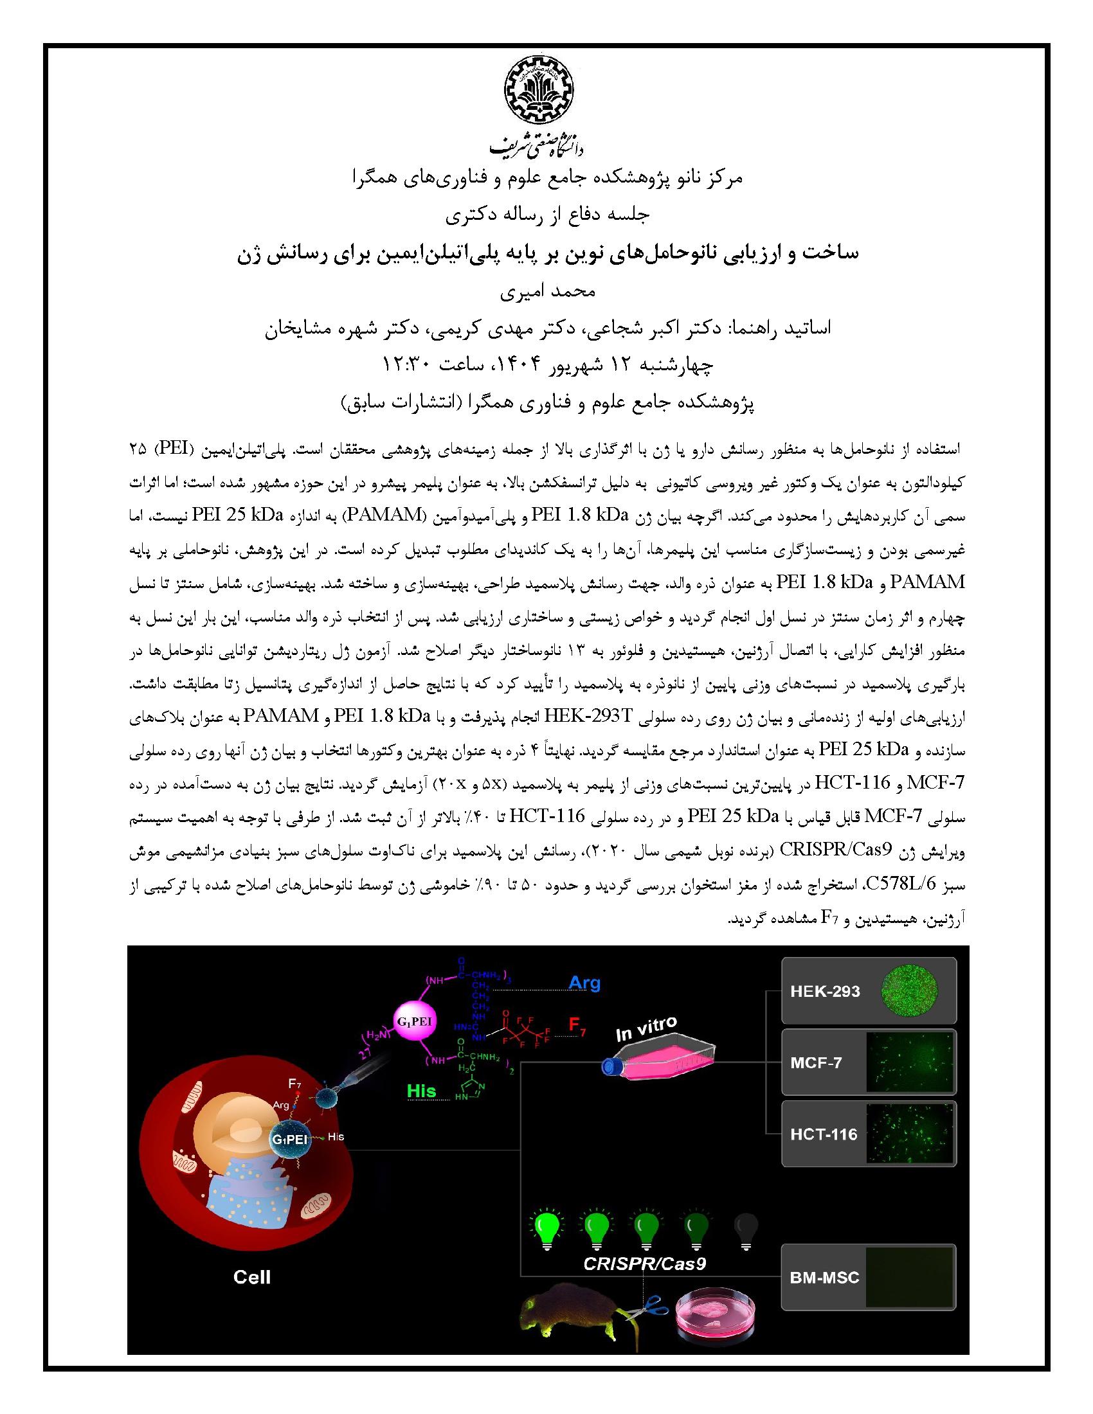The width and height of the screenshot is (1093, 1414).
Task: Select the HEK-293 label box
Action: click(x=824, y=991)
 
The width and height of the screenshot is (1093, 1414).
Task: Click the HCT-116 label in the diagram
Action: click(x=823, y=1134)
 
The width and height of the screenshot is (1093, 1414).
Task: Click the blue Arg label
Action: click(x=584, y=983)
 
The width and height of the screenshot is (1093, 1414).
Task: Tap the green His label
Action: click(x=421, y=1091)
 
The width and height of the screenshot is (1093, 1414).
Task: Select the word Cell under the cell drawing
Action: click(x=252, y=1276)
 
